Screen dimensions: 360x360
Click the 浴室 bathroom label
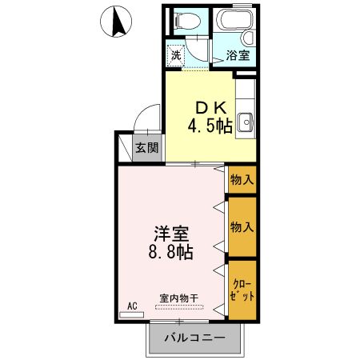pyautogui.click(x=237, y=56)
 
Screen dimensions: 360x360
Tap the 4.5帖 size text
pyautogui.click(x=210, y=126)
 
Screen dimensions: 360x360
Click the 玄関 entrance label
pyautogui.click(x=146, y=147)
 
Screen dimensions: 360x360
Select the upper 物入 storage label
pyautogui.click(x=242, y=179)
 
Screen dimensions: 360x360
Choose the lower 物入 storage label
pyautogui.click(x=242, y=226)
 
